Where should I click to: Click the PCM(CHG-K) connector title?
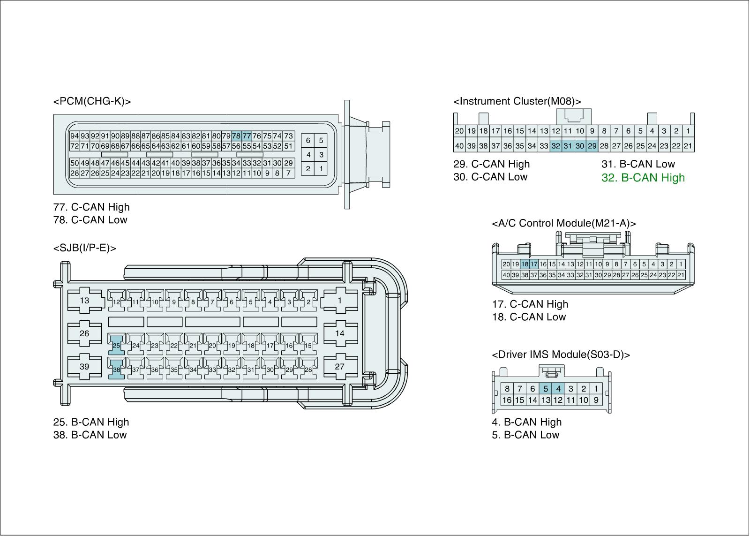pyautogui.click(x=92, y=101)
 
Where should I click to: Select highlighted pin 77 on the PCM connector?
pyautogui.click(x=247, y=136)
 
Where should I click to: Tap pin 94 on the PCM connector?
pyautogui.click(x=75, y=136)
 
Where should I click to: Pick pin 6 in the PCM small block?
pyautogui.click(x=308, y=140)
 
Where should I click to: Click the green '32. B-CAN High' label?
pyautogui.click(x=643, y=178)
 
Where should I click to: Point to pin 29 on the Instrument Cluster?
pyautogui.click(x=592, y=146)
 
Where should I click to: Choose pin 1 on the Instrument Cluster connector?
pyautogui.click(x=688, y=131)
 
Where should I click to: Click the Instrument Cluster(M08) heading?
pyautogui.click(x=517, y=101)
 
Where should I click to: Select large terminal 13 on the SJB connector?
pyautogui.click(x=84, y=300)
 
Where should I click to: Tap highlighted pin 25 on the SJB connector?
pyautogui.click(x=116, y=346)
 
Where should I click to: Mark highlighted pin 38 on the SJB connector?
pyautogui.click(x=116, y=370)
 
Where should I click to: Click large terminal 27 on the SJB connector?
pyautogui.click(x=339, y=367)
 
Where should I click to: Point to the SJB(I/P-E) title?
pyautogui.click(x=84, y=248)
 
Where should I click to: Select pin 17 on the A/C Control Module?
pyautogui.click(x=533, y=264)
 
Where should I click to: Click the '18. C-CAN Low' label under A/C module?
pyautogui.click(x=529, y=317)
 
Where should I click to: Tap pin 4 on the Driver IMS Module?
pyautogui.click(x=558, y=388)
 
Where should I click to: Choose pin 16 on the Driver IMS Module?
pyautogui.click(x=507, y=400)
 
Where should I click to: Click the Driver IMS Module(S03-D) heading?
pyautogui.click(x=561, y=355)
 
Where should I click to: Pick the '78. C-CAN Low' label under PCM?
pyautogui.click(x=90, y=220)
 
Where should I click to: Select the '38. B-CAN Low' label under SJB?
pyautogui.click(x=90, y=435)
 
